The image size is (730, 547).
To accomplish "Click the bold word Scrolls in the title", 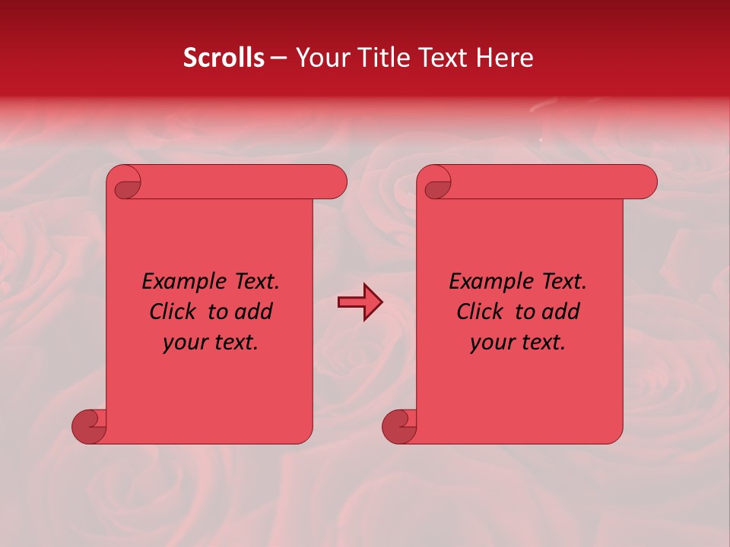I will [x=224, y=58].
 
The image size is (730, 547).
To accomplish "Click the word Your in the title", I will [x=322, y=58].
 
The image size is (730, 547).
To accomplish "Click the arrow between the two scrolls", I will [x=360, y=302].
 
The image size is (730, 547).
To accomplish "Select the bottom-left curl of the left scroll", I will [x=90, y=426].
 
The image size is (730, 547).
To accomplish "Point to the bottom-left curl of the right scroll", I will [x=400, y=426].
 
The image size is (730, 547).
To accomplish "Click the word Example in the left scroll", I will [x=179, y=282].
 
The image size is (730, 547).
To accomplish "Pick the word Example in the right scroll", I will [x=486, y=282].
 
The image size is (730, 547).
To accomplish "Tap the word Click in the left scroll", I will [x=174, y=311].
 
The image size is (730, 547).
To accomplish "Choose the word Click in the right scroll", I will [x=481, y=311].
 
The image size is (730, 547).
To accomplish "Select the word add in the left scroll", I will [x=254, y=311].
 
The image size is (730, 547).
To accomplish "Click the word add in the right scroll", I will [x=561, y=311].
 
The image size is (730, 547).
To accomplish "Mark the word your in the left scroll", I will [x=183, y=342].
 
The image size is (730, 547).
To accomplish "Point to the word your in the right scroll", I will [x=490, y=342].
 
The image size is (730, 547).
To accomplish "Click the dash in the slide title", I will [x=278, y=58].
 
